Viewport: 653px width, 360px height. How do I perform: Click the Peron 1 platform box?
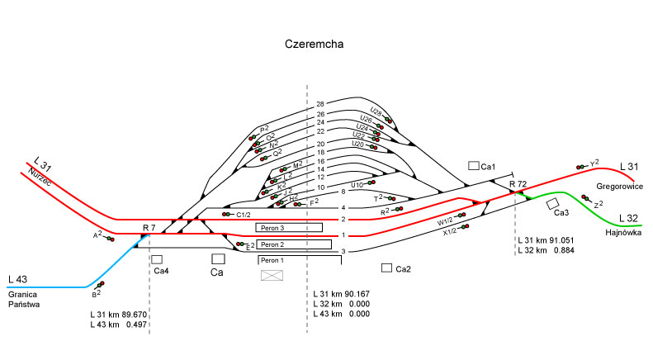coord(298,261)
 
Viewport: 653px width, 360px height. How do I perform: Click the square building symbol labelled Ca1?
coord(474,166)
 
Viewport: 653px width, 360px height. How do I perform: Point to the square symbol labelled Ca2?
coord(386,268)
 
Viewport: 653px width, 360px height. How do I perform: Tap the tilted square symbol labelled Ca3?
coord(552,202)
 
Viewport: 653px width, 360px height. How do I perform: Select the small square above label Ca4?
coord(156,259)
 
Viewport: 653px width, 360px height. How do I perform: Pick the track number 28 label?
coord(321,104)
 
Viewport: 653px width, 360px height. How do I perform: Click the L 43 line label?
coord(18,278)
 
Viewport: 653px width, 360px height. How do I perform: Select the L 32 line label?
coord(629,218)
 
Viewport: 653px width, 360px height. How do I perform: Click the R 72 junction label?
coord(518,183)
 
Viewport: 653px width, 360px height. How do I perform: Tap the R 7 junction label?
coord(149,226)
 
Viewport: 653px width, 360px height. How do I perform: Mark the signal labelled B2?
coord(101,285)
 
